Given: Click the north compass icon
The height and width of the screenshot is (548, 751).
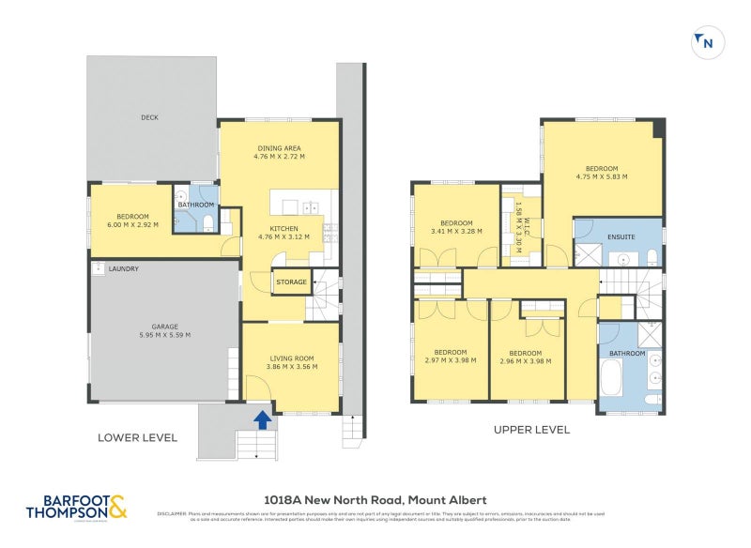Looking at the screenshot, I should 703,41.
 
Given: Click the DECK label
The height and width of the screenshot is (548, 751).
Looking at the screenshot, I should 149,117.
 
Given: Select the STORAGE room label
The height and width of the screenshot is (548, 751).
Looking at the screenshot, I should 291,282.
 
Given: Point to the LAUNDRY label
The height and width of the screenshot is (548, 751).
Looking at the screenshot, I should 124,269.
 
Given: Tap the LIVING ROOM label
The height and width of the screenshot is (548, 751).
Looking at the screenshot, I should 291,358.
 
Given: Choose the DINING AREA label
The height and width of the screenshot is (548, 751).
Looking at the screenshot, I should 279,148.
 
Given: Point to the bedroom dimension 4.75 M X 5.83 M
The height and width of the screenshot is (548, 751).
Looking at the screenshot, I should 602,176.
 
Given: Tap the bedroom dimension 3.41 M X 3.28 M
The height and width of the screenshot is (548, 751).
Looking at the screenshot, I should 455,231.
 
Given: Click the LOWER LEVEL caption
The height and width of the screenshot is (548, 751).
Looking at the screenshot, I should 137,437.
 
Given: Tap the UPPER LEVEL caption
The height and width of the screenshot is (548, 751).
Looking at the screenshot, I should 532,430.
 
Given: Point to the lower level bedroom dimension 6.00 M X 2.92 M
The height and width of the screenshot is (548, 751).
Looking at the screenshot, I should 132,225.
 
